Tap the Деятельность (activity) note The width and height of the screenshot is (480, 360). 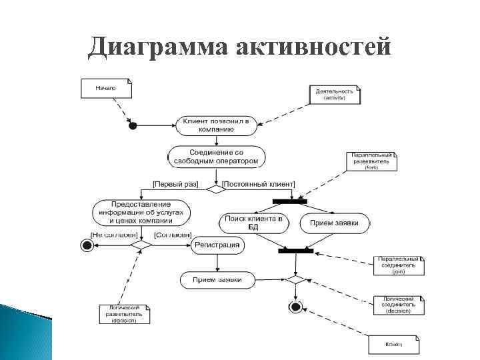click(336, 94)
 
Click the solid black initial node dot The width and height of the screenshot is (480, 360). click(133, 125)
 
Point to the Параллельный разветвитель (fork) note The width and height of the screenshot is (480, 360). click(371, 161)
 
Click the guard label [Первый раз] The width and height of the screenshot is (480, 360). click(175, 183)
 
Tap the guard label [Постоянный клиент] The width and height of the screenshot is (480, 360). click(259, 183)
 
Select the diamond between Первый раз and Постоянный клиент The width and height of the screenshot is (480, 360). click(216, 189)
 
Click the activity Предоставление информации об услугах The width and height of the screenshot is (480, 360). click(141, 212)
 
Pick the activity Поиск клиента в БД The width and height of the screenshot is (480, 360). click(253, 223)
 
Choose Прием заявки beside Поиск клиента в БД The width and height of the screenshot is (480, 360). click(334, 223)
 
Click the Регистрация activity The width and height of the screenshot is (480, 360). click(217, 245)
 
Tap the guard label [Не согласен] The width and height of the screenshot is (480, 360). click(114, 235)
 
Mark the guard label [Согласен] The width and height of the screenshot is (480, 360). click(173, 235)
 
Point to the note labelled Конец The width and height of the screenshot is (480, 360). click(395, 345)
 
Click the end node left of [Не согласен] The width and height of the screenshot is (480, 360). click(87, 245)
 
